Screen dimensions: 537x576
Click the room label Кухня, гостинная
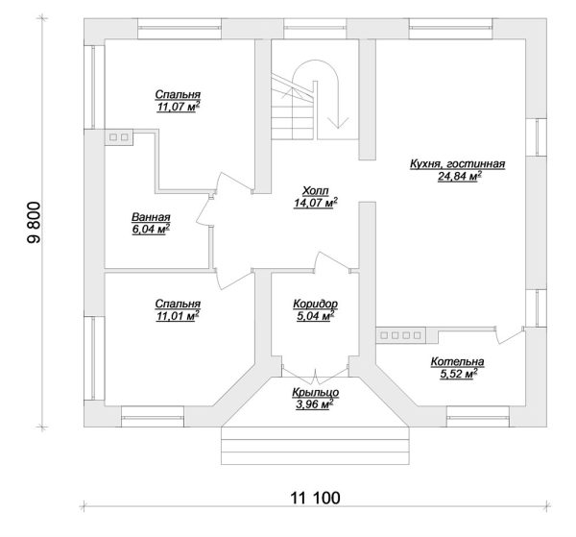click(457, 164)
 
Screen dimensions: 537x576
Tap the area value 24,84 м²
click(459, 177)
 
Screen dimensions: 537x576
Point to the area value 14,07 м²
click(315, 203)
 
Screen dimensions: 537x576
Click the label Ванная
click(151, 217)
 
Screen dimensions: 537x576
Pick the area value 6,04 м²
click(151, 230)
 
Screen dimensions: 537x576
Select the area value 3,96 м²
click(314, 404)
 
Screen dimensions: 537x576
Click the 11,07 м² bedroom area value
click(178, 108)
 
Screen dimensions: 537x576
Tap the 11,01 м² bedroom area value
click(178, 314)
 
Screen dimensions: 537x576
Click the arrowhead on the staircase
click(337, 123)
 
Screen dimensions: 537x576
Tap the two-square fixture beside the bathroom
click(120, 138)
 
